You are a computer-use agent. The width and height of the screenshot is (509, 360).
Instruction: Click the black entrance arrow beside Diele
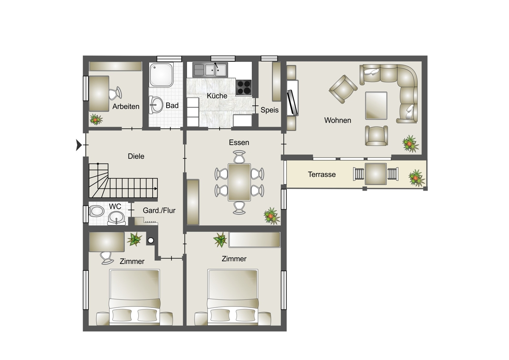(x=78, y=145)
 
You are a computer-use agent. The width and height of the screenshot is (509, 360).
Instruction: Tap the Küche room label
(x=217, y=96)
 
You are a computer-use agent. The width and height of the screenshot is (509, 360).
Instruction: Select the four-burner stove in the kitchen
(x=244, y=87)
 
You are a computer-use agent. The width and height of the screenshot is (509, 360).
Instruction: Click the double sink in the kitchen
(x=210, y=70)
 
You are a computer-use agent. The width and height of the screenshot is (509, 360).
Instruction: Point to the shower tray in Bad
(x=161, y=75)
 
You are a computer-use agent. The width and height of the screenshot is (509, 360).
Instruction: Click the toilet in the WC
(x=96, y=211)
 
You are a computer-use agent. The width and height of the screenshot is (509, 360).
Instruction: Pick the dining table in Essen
(x=239, y=182)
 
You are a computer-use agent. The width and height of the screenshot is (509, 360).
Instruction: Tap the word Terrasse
(x=322, y=174)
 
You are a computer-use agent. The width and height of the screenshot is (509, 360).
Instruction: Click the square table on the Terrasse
(x=376, y=174)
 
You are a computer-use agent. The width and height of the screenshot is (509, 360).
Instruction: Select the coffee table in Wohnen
(x=376, y=106)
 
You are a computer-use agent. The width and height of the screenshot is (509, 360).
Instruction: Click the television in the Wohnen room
(x=292, y=103)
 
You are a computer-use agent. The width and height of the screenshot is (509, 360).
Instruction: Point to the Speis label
(x=269, y=110)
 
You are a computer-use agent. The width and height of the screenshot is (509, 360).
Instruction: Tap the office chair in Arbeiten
(x=115, y=93)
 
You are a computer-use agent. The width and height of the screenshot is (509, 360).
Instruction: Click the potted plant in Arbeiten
(x=96, y=119)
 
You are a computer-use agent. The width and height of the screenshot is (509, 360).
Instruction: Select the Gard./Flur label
(x=159, y=211)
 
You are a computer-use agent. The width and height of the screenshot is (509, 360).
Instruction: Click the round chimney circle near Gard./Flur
(x=151, y=240)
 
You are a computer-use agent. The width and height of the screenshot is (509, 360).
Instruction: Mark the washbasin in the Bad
(x=156, y=104)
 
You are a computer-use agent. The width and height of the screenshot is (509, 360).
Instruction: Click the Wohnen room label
(x=338, y=120)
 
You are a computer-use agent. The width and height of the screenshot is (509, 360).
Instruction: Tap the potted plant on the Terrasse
(x=417, y=178)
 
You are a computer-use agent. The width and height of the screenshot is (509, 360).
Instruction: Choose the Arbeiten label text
(x=126, y=107)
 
